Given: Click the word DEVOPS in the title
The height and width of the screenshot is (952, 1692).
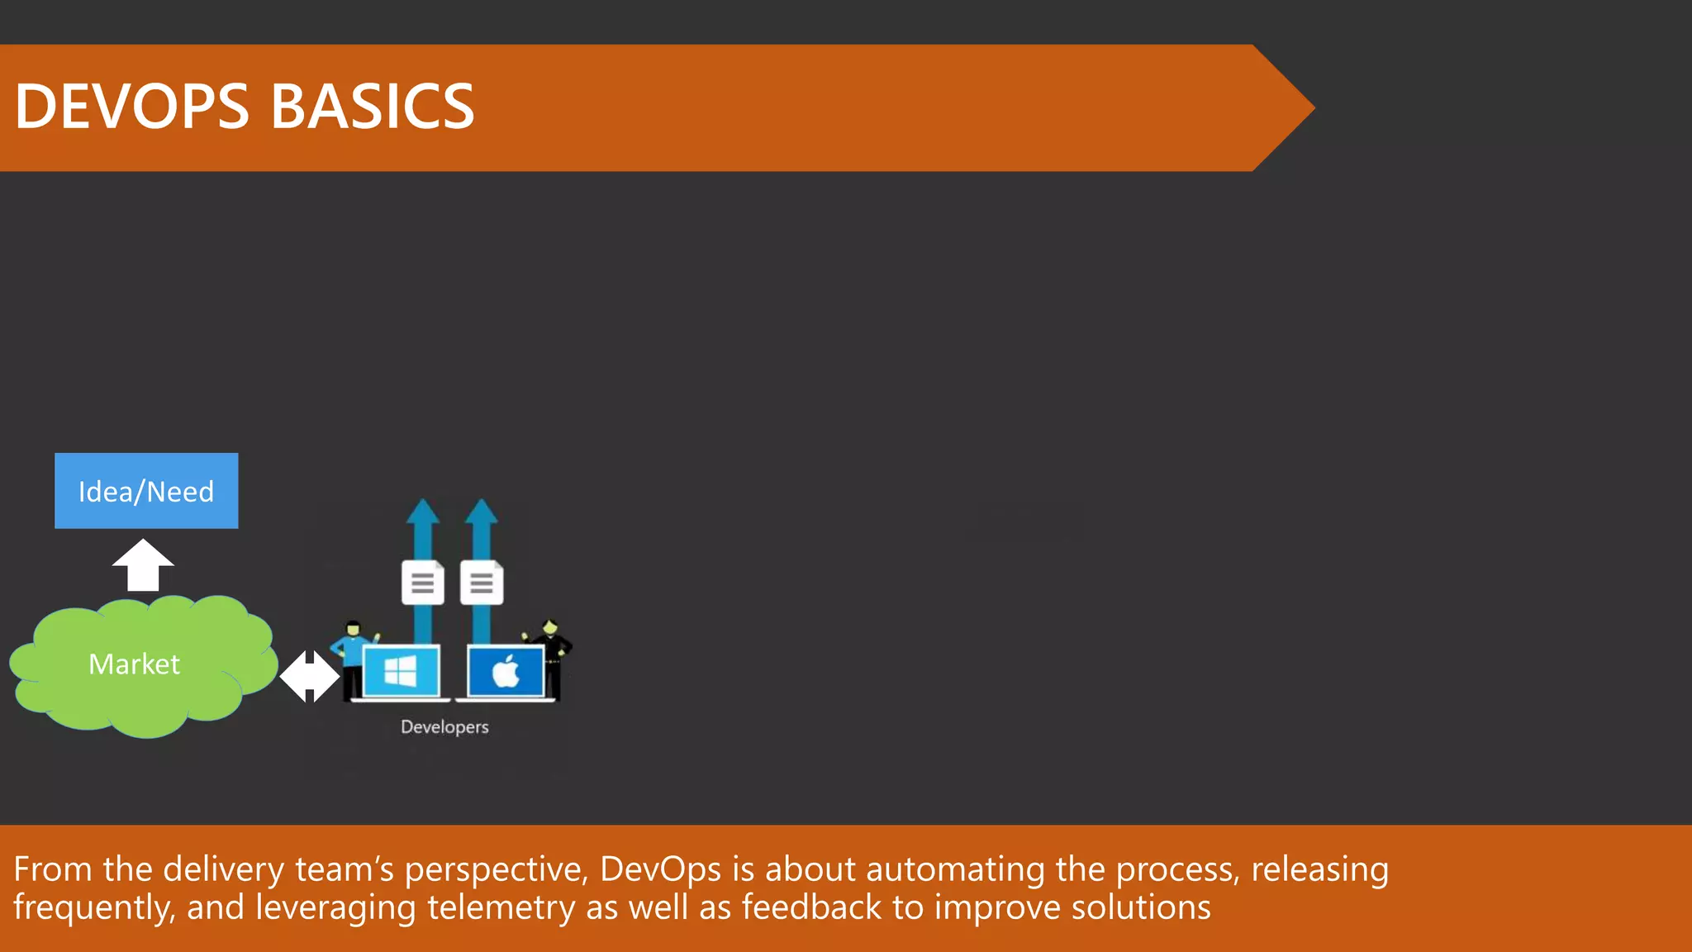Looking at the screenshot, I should click(x=132, y=107).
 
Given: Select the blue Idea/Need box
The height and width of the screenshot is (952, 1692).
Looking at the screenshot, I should click(x=146, y=491).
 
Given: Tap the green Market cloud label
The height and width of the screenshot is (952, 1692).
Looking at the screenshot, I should click(x=134, y=664).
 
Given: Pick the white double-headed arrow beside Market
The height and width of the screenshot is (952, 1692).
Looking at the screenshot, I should click(x=309, y=676).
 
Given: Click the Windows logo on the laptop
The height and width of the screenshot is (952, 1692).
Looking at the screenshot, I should click(x=401, y=671).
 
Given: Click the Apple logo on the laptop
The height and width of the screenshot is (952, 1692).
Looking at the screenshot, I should click(x=506, y=671).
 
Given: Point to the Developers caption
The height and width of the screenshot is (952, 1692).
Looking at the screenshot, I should click(x=444, y=727).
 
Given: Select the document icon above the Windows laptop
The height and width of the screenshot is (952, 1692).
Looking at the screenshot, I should click(x=422, y=583).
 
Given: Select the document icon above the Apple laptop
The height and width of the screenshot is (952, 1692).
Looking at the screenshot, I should click(x=482, y=583).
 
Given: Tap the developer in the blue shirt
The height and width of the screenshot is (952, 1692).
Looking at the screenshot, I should click(x=353, y=657).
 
